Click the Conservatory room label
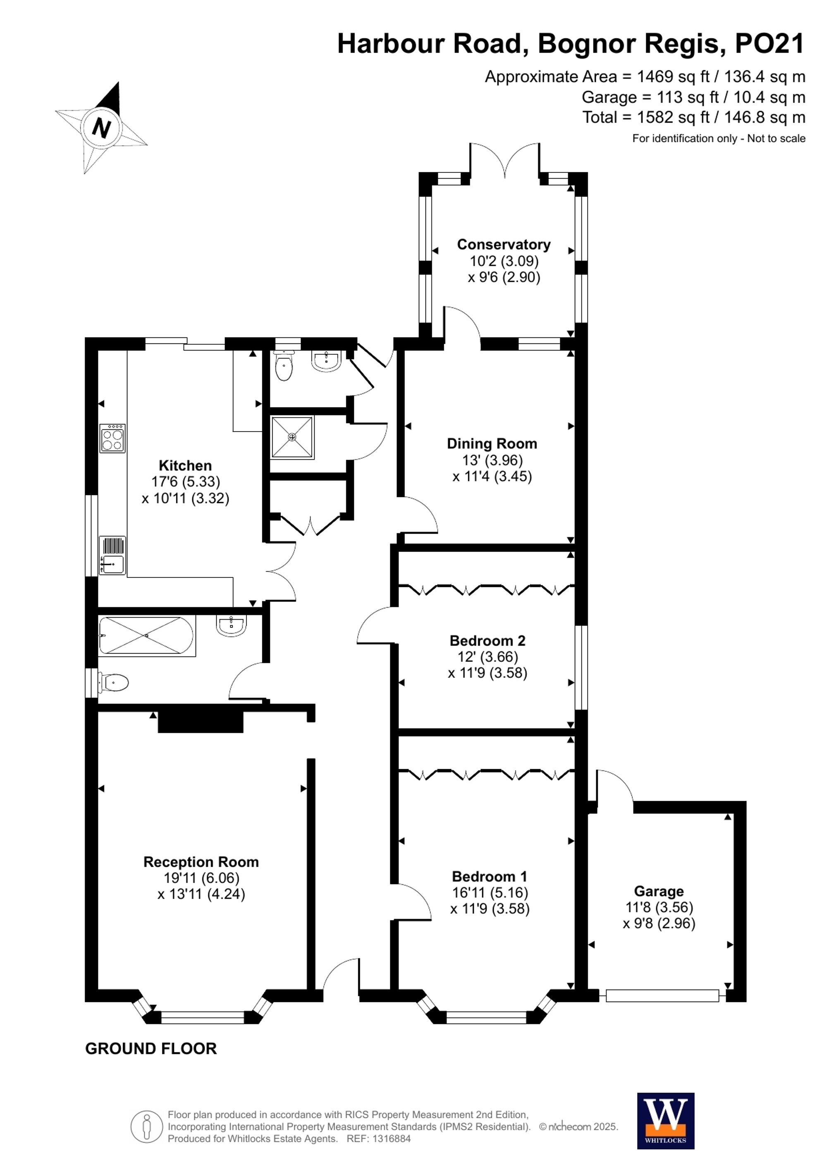click(503, 244)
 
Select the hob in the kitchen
click(112, 438)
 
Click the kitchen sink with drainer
click(112, 555)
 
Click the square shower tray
click(292, 437)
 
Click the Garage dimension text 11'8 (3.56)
click(659, 907)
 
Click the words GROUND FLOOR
click(151, 1048)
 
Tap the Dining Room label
click(492, 444)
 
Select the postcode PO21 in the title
click(770, 44)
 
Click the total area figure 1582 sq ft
click(673, 118)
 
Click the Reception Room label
click(201, 862)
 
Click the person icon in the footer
click(147, 1126)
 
